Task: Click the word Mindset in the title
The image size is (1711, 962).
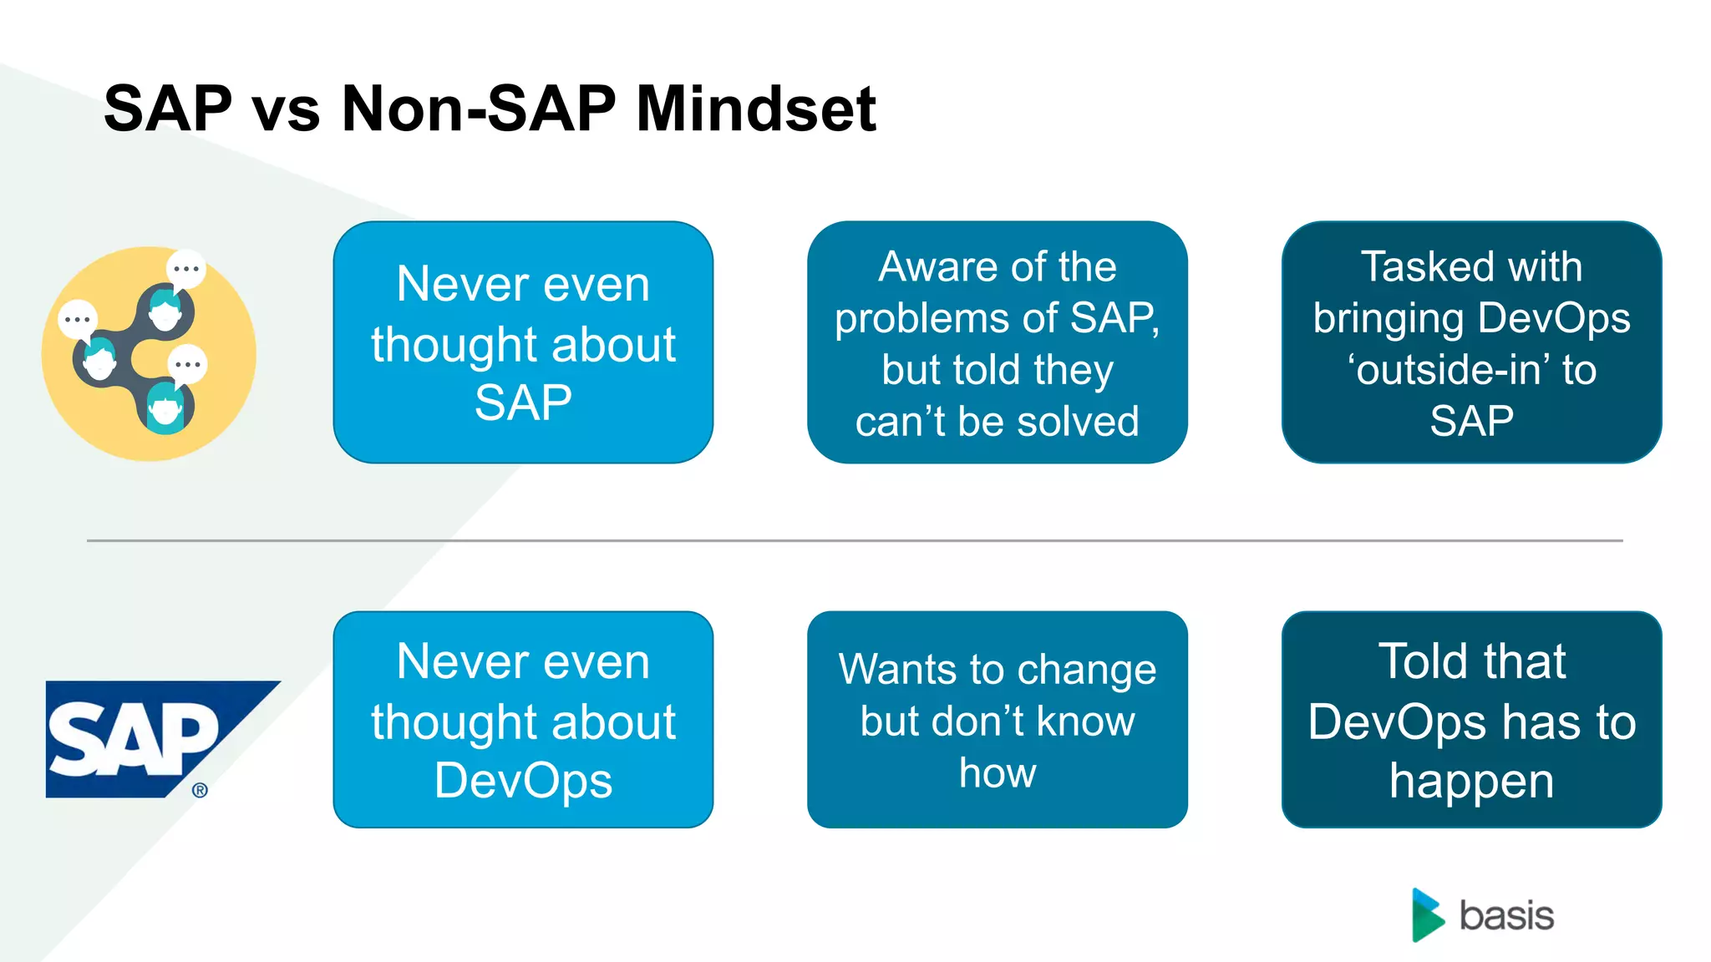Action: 755,109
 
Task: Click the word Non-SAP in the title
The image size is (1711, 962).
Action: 478,109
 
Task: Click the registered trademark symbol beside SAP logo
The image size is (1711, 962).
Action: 200,790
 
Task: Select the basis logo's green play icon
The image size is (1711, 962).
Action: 1427,915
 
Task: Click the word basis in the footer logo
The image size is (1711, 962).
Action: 1506,916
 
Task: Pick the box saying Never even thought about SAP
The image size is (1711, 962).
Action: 523,342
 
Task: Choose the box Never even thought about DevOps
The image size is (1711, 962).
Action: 523,719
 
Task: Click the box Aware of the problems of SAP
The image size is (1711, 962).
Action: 997,342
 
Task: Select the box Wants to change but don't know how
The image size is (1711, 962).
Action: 997,719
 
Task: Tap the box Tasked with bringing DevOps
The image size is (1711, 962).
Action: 1471,342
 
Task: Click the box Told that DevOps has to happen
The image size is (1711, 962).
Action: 1471,719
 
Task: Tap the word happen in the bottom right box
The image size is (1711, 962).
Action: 1471,782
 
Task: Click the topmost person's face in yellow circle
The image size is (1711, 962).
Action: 165,311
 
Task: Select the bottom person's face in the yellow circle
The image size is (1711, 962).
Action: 165,410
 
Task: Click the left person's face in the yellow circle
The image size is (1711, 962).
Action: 100,361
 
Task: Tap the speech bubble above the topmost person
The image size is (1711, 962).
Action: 186,269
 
